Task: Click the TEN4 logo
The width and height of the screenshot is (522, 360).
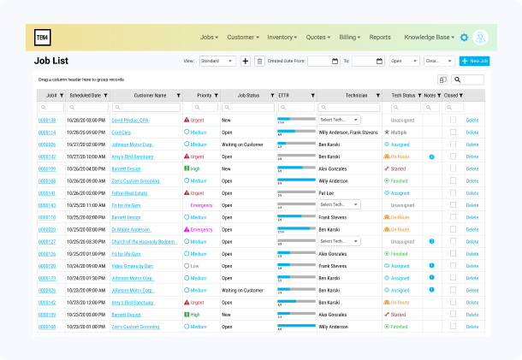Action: (x=43, y=37)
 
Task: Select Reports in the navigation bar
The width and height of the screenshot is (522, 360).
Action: (x=380, y=38)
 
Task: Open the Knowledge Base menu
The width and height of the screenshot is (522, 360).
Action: (x=429, y=38)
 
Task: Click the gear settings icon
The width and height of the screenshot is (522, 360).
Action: (x=464, y=38)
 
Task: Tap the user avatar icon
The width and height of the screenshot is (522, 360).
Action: (x=481, y=38)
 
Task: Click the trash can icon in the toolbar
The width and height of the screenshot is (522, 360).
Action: (x=259, y=62)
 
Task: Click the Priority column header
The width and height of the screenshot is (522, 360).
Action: (x=205, y=95)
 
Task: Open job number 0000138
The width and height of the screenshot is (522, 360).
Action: (x=47, y=121)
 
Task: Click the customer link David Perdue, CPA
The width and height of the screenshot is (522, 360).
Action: (x=130, y=121)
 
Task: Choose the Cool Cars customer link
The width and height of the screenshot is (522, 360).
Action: (x=122, y=133)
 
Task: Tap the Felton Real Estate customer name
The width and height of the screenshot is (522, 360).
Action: (x=130, y=193)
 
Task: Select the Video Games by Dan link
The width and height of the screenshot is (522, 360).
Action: (x=131, y=266)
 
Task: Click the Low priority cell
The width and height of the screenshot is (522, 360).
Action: (x=198, y=266)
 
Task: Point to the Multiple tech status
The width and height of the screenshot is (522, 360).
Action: (x=399, y=133)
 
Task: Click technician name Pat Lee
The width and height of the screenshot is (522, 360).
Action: (x=327, y=193)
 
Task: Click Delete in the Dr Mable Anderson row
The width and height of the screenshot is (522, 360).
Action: (x=472, y=230)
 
